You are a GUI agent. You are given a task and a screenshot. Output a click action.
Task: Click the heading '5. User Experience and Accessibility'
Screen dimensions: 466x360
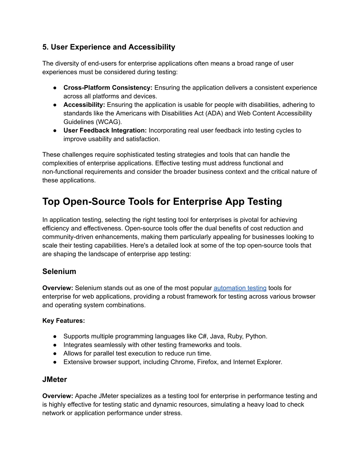pos(109,47)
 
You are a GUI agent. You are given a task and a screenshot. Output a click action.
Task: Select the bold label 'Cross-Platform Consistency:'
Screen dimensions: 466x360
pos(108,88)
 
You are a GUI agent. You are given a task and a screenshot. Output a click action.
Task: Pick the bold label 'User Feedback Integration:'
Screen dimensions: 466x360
pos(105,130)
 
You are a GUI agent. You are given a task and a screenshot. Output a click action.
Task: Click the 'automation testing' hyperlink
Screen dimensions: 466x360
pos(240,288)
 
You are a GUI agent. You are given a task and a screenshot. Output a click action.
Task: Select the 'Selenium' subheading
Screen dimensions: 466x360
pos(59,272)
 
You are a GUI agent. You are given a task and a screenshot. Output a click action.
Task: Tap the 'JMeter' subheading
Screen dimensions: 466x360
pos(54,379)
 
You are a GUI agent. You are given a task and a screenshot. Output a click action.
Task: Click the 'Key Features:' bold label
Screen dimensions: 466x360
pos(64,321)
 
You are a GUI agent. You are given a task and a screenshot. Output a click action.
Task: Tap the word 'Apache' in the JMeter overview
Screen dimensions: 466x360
pos(86,396)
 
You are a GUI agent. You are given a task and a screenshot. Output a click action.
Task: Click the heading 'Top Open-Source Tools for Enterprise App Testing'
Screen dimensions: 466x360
pos(162,202)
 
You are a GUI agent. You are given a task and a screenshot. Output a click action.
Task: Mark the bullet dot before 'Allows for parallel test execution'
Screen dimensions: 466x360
pos(55,353)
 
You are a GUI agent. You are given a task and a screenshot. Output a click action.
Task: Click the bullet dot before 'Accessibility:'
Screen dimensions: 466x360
pos(55,105)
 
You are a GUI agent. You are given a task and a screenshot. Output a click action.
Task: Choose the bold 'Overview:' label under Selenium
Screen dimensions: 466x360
pos(58,288)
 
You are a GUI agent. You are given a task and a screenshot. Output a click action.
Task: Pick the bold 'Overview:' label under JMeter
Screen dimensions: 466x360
pos(58,396)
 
